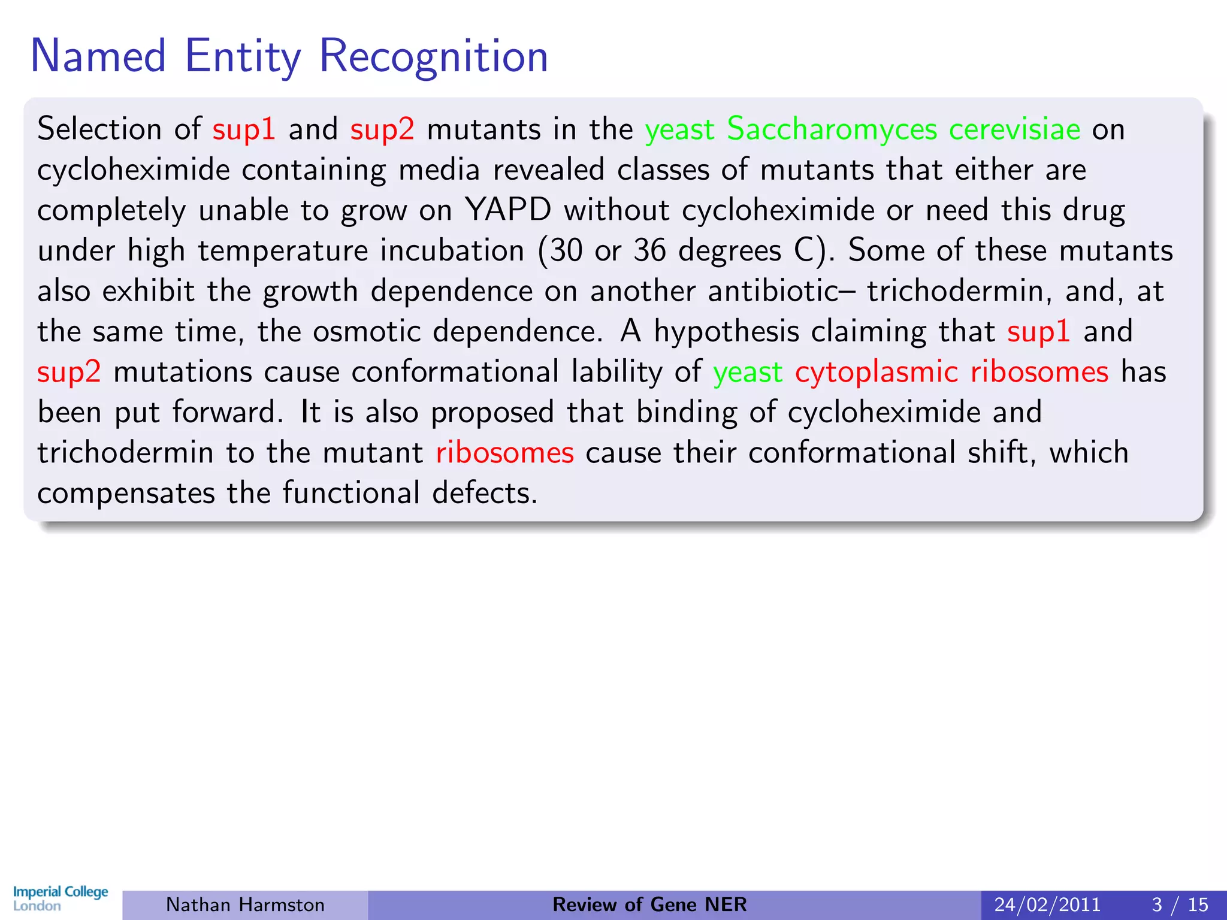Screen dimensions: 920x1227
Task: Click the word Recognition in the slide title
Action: (433, 57)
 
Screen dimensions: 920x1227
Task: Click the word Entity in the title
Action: (243, 57)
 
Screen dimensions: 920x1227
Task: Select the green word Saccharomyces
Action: (832, 129)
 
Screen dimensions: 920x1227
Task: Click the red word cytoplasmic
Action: (876, 372)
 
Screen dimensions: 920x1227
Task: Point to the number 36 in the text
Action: (649, 250)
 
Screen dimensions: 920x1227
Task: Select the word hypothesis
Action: (726, 332)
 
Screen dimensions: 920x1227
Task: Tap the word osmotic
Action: (367, 332)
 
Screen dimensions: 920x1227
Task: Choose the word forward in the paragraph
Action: (227, 412)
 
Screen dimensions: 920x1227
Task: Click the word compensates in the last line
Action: (126, 494)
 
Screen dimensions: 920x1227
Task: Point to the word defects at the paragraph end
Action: (484, 494)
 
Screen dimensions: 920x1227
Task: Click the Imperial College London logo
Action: (61, 898)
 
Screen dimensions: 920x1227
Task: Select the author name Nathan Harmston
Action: (245, 904)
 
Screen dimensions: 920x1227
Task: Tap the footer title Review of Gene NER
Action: (649, 904)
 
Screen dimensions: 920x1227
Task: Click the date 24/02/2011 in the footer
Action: (1047, 904)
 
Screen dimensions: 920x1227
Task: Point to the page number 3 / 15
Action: (1180, 904)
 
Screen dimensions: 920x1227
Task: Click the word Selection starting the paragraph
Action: (99, 129)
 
